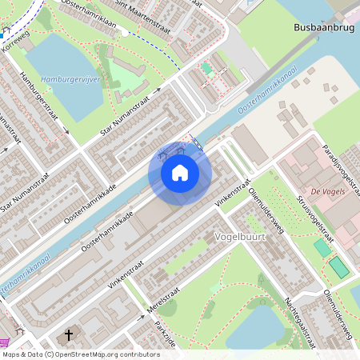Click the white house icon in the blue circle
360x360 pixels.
(x=180, y=173)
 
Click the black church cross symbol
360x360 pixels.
(x=69, y=334)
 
